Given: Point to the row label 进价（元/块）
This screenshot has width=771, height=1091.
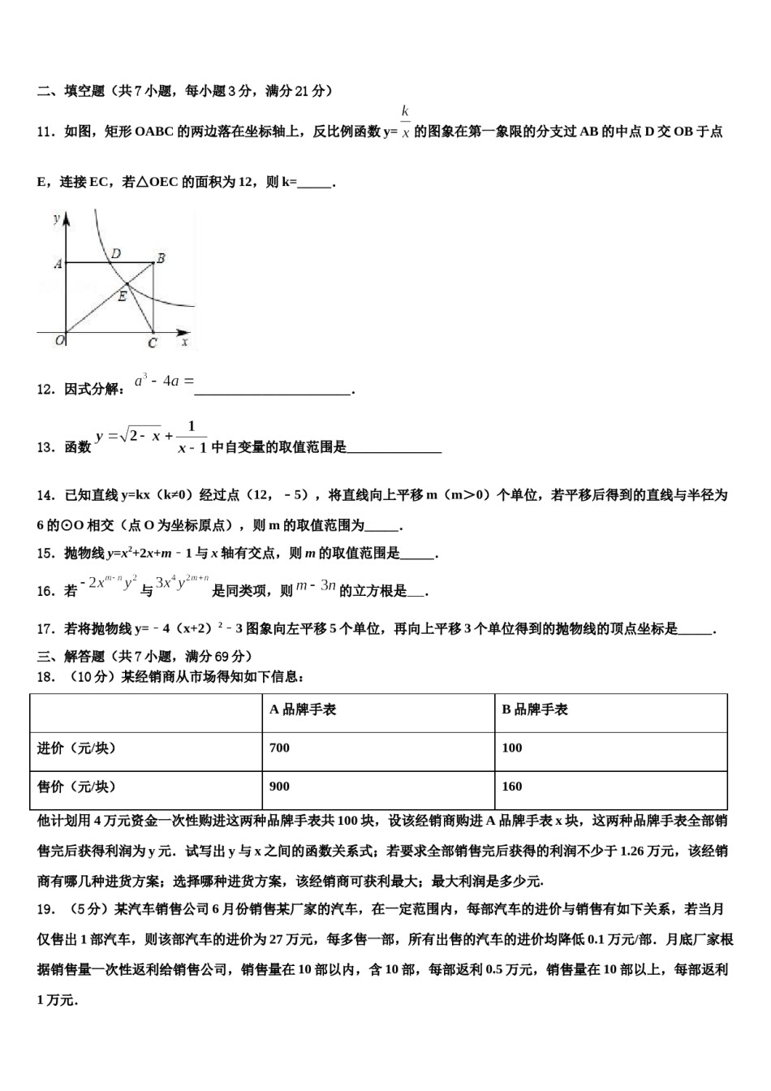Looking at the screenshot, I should [76, 748].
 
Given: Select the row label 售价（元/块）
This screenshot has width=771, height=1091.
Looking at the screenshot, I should [76, 786].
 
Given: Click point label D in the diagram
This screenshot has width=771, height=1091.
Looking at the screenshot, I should [116, 253].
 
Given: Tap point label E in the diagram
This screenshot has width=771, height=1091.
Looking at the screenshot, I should [122, 296].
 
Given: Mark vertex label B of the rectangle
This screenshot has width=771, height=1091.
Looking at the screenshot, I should [161, 258].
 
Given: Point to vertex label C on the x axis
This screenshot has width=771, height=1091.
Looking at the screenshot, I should [152, 343].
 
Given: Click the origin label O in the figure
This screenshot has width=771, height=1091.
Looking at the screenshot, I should [59, 340].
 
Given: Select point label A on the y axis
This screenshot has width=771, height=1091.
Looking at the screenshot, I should [58, 263].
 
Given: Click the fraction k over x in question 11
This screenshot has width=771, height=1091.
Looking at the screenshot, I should [405, 123].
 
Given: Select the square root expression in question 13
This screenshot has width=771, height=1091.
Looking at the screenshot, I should [140, 436].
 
